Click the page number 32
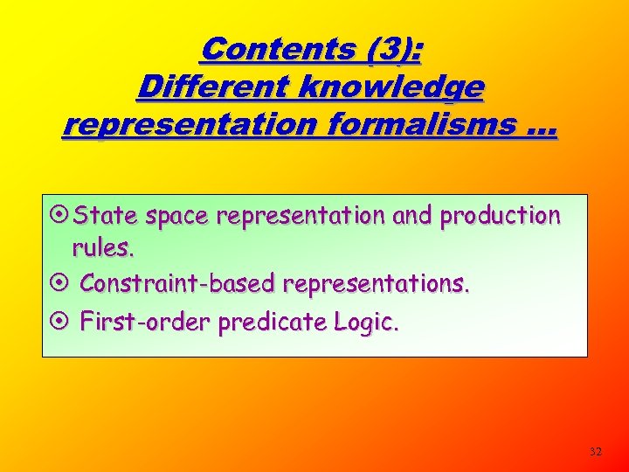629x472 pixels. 596,451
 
